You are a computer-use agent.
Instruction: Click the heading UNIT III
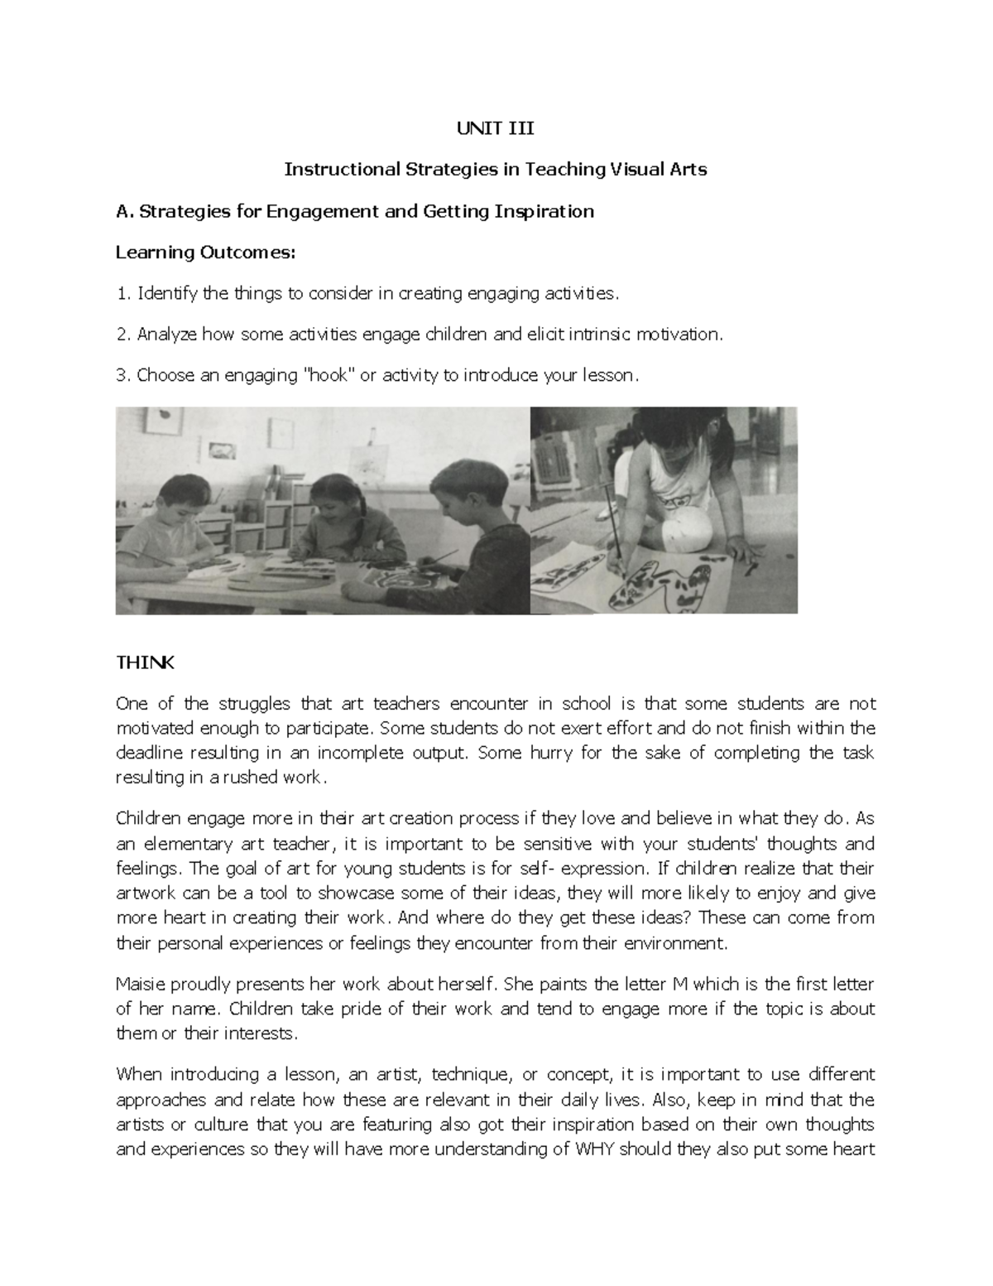click(496, 128)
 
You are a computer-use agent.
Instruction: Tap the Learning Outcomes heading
click(204, 252)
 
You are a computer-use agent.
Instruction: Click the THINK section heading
click(145, 662)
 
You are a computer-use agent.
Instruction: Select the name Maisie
click(140, 985)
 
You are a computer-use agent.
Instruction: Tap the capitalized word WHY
click(595, 1149)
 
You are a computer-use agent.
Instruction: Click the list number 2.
click(121, 335)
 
